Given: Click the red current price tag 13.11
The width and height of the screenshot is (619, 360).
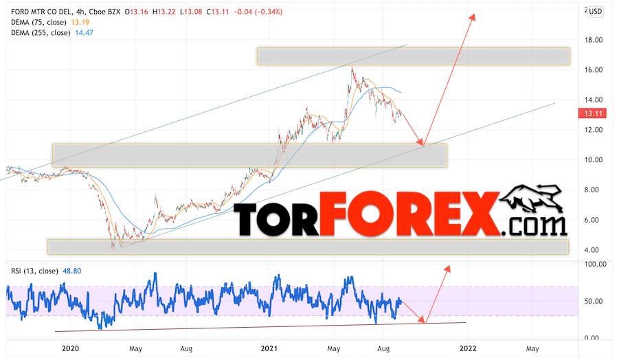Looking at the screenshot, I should click(593, 114).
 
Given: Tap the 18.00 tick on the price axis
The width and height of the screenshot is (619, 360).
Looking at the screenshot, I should click(593, 40).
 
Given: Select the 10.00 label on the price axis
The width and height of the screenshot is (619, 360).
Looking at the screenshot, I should click(593, 159).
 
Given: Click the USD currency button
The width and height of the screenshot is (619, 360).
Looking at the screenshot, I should click(595, 11).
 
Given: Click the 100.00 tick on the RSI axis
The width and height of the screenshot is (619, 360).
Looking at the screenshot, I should click(593, 264).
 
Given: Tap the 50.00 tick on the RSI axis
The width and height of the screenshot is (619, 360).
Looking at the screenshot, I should click(593, 301).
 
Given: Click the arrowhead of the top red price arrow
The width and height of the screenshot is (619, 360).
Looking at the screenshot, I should click(472, 16).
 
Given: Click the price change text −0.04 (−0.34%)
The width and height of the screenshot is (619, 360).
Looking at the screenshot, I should click(258, 12).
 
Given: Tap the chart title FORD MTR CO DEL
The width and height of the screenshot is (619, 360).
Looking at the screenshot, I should click(45, 12).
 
